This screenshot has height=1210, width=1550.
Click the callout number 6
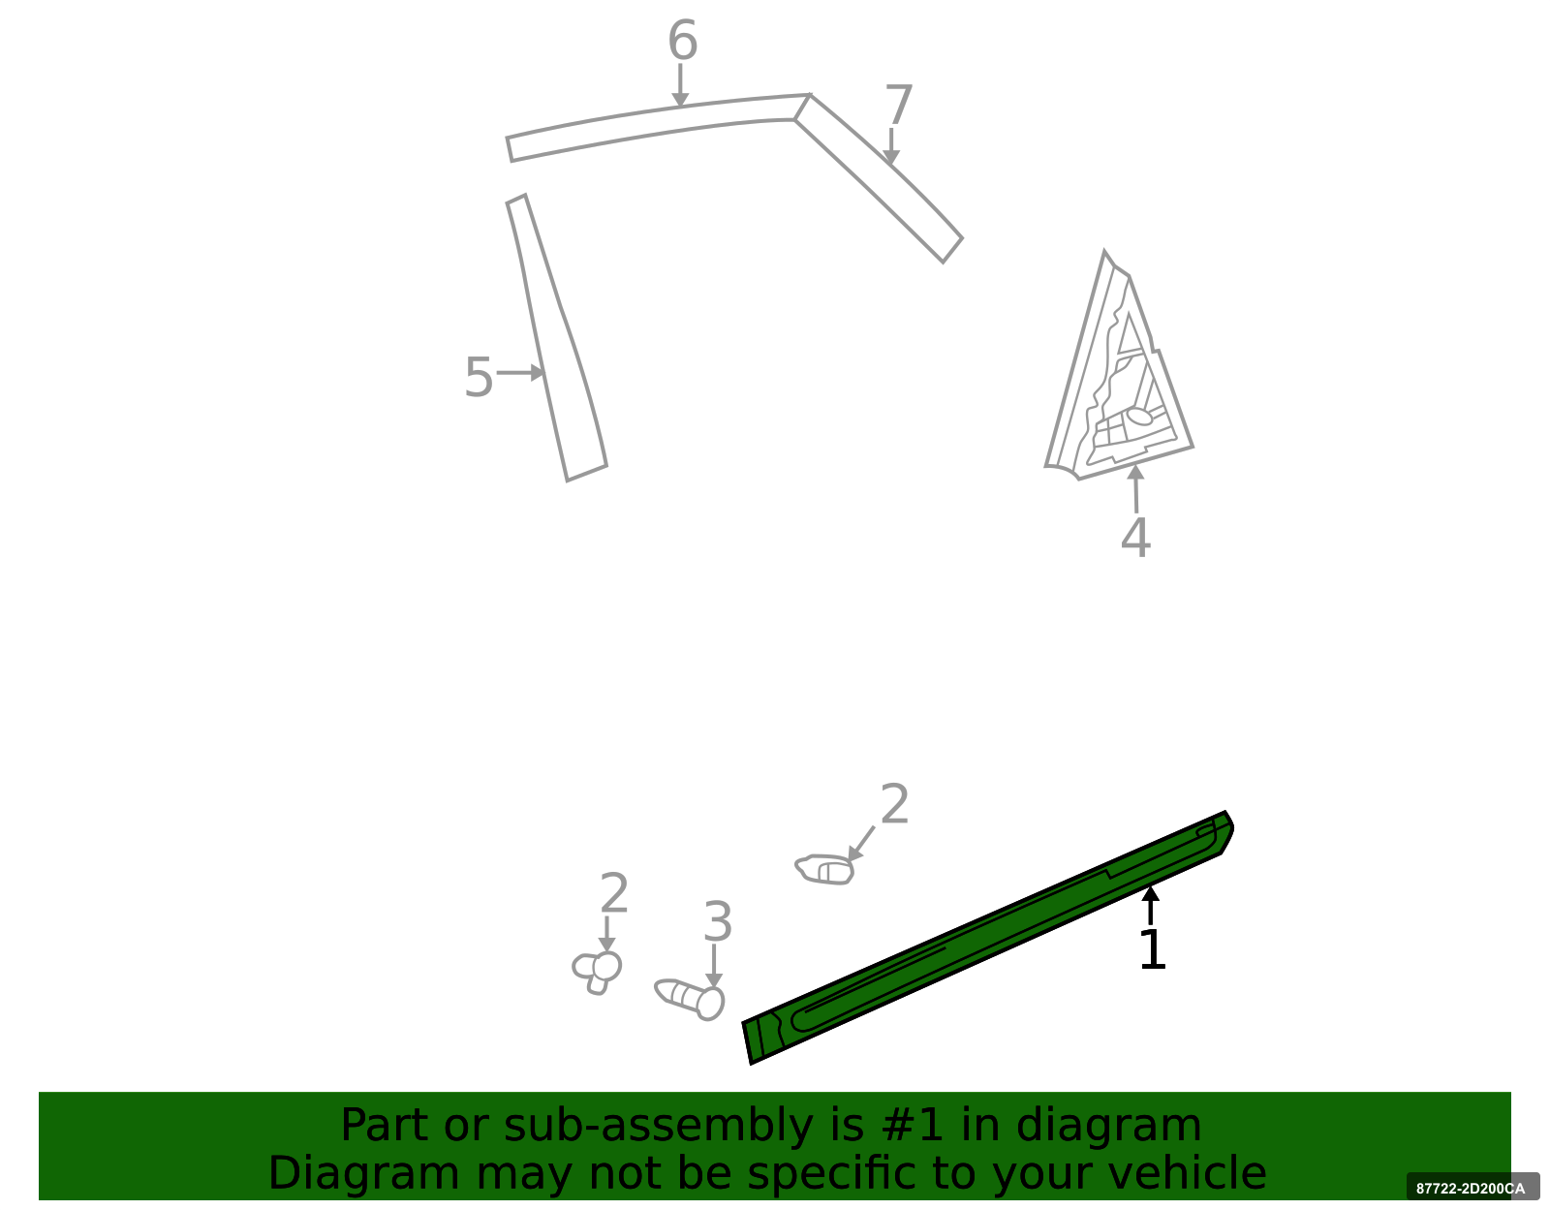682,40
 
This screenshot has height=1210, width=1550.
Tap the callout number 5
478,377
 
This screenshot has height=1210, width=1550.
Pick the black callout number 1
1152,949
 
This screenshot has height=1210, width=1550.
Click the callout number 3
717,921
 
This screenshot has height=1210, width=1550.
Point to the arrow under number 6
680,85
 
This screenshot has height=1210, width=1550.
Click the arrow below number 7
891,146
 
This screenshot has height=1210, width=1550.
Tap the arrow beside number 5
521,372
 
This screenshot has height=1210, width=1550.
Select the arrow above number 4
1135,488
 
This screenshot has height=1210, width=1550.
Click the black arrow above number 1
1150,905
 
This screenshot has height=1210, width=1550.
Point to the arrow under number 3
713,966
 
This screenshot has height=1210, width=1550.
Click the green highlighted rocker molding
988,937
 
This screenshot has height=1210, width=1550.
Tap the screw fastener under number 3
689,999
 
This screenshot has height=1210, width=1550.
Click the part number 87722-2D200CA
1471,1189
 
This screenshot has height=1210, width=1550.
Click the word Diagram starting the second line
364,1173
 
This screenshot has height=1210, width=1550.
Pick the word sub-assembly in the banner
659,1127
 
